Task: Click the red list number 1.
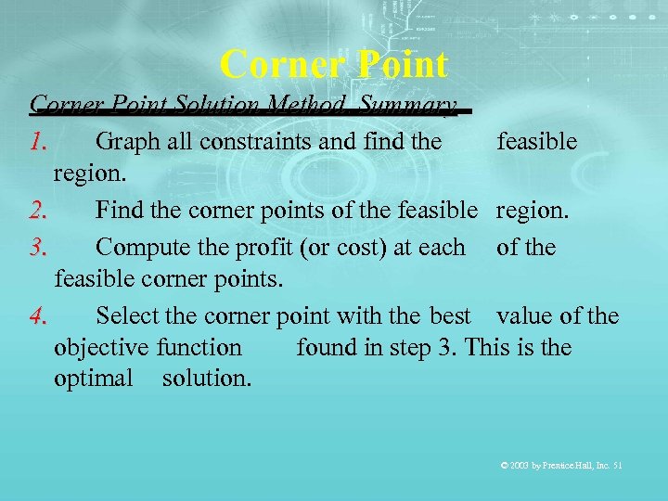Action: pyautogui.click(x=37, y=141)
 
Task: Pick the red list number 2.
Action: pyautogui.click(x=38, y=211)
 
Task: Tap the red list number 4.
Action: pyautogui.click(x=38, y=316)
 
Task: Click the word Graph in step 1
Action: pyautogui.click(x=126, y=141)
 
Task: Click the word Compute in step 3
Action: pyautogui.click(x=138, y=247)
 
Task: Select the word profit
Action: pyautogui.click(x=253, y=247)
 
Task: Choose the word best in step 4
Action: pyautogui.click(x=450, y=316)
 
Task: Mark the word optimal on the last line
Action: pyautogui.click(x=94, y=379)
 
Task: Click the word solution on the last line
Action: pyautogui.click(x=206, y=379)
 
